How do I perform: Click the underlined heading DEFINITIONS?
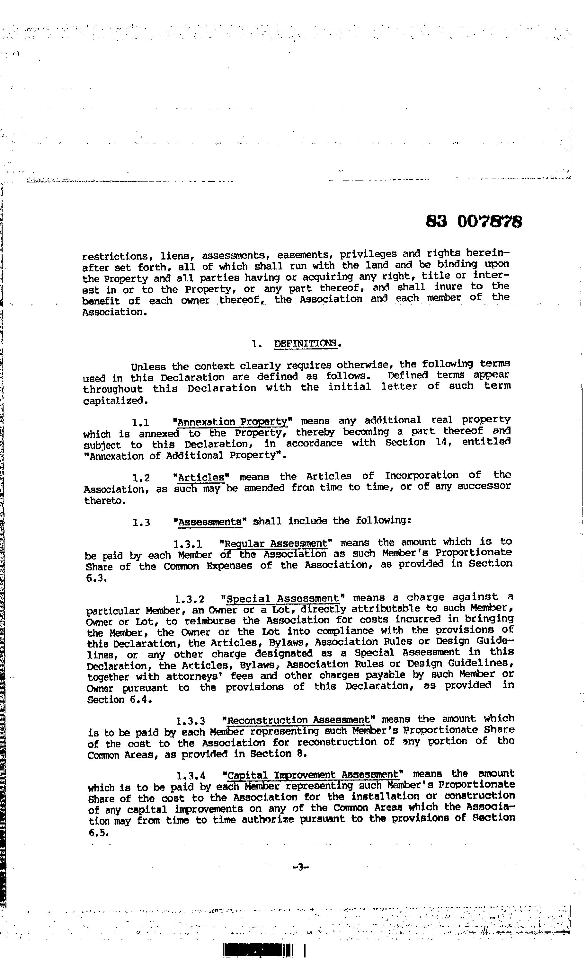[x=307, y=343]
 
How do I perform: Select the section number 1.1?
[x=141, y=422]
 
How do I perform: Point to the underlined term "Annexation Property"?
[x=233, y=422]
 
